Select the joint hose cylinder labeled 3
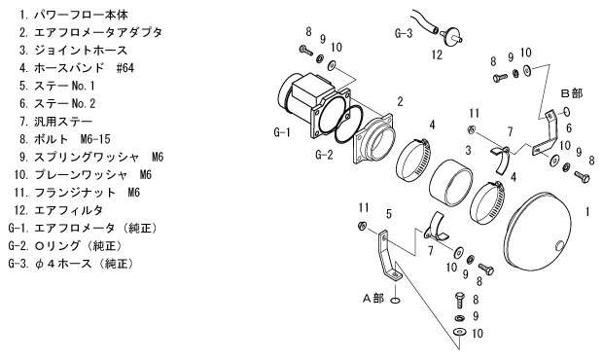(450, 182)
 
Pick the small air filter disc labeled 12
(452, 36)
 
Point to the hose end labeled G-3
(425, 22)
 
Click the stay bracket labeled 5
(389, 255)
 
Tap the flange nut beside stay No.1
(362, 226)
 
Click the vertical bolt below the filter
(461, 300)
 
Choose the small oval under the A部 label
(395, 300)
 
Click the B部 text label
(572, 93)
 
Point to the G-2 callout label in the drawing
(324, 155)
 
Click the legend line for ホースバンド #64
(77, 68)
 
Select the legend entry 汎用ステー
(56, 122)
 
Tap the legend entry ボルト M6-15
(64, 139)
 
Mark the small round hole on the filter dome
(559, 244)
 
